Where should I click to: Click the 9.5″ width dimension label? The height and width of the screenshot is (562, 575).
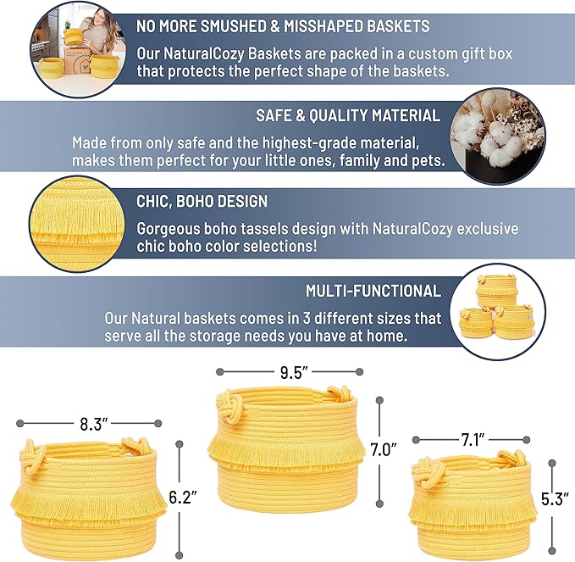tap(293, 373)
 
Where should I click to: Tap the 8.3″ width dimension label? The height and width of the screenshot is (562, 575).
tap(93, 425)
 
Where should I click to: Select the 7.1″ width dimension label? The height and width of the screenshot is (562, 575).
tap(473, 440)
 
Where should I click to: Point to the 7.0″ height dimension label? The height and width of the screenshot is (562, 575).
tap(384, 450)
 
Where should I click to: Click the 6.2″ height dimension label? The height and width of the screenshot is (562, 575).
tap(183, 498)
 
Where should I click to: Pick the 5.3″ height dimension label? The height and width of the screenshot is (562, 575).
tap(555, 499)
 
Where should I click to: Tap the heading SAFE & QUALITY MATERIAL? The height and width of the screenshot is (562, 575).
tap(348, 115)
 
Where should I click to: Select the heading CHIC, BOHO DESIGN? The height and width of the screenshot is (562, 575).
tap(202, 201)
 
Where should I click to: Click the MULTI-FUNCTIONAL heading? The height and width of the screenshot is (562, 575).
tap(373, 291)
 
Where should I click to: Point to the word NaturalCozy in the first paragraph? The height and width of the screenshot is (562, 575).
tap(203, 54)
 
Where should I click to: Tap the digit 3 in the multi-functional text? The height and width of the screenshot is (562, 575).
tap(307, 318)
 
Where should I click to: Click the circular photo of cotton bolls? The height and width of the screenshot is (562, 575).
tap(497, 136)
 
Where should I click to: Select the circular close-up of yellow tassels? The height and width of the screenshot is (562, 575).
tap(77, 224)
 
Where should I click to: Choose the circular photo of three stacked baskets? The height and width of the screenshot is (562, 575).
tap(497, 311)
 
